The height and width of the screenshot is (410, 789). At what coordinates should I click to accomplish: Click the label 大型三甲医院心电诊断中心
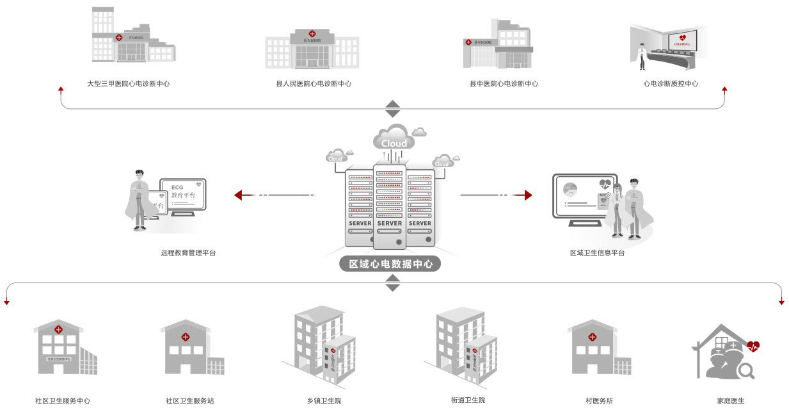128,83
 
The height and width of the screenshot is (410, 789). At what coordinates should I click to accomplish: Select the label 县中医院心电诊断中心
504,83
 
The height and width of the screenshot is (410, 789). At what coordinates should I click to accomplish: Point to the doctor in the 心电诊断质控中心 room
642,56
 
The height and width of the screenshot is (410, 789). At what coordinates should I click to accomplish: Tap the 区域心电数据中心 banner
390,264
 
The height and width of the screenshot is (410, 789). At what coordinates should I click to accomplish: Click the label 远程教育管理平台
188,253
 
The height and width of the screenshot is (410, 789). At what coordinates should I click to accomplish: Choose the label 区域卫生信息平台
597,253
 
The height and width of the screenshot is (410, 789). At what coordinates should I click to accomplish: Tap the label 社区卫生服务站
189,401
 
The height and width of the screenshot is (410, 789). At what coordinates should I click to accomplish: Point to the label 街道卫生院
468,400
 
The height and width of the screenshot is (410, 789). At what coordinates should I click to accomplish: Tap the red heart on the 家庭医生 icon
753,347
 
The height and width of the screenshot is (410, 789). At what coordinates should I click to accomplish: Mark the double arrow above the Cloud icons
392,108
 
